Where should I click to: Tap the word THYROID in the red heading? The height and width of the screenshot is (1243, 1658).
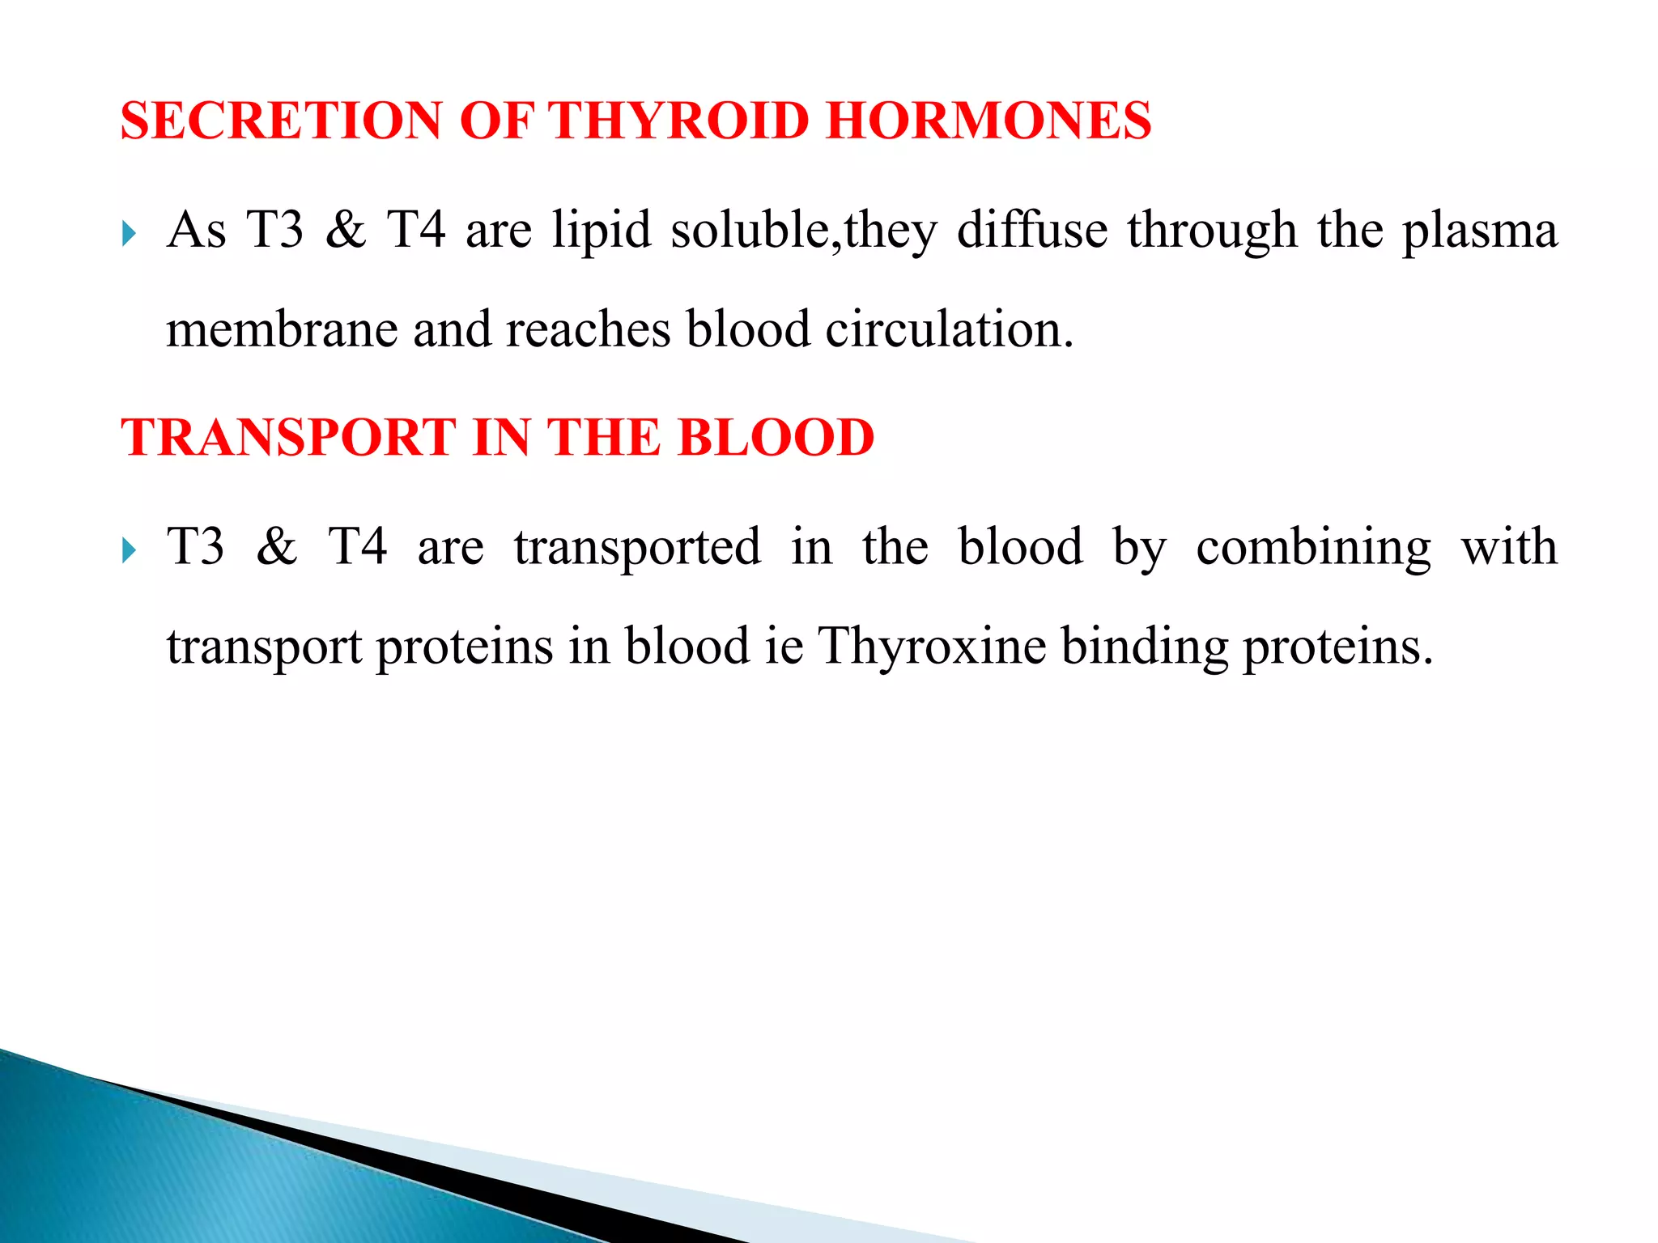pyautogui.click(x=679, y=121)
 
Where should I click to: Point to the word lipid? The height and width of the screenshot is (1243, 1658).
pyautogui.click(x=602, y=230)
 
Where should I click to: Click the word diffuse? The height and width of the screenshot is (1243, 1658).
pyautogui.click(x=1032, y=230)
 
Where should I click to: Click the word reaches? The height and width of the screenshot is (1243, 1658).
pyautogui.click(x=589, y=329)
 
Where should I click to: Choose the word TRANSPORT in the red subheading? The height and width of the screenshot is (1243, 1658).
pyautogui.click(x=288, y=437)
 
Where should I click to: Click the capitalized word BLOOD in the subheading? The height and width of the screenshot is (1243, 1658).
pyautogui.click(x=775, y=437)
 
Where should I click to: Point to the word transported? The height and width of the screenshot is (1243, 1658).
pyautogui.click(x=637, y=548)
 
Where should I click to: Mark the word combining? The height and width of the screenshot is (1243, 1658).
pyautogui.click(x=1313, y=548)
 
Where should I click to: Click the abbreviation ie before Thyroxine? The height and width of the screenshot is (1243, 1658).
pyautogui.click(x=784, y=647)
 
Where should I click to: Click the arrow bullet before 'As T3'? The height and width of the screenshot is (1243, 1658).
pyautogui.click(x=129, y=235)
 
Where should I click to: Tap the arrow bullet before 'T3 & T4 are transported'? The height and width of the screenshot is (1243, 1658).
pyautogui.click(x=129, y=552)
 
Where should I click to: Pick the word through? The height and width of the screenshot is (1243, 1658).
pyautogui.click(x=1212, y=230)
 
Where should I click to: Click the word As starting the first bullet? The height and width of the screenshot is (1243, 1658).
pyautogui.click(x=196, y=230)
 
